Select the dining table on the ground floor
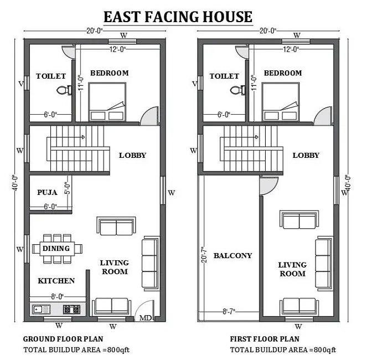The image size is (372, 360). click(56, 248)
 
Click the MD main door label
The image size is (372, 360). click(145, 318)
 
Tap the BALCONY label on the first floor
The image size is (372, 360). click(232, 255)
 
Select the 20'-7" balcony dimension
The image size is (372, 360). click(204, 256)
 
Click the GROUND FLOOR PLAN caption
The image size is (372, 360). click(63, 338)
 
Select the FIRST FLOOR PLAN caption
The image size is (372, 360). click(265, 338)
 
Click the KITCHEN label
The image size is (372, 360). click(56, 281)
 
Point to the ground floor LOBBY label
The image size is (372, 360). click(133, 155)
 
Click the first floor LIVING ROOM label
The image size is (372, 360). click(292, 269)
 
